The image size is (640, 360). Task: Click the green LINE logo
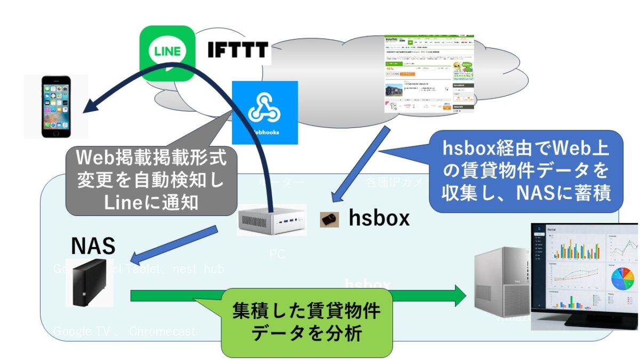click(166, 52)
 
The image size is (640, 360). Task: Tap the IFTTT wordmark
click(237, 51)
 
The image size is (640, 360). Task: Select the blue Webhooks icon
click(265, 112)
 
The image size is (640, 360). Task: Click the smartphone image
click(55, 107)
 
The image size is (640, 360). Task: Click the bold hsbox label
click(379, 218)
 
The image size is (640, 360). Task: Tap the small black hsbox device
click(329, 219)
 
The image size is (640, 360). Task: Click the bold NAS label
click(93, 246)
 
